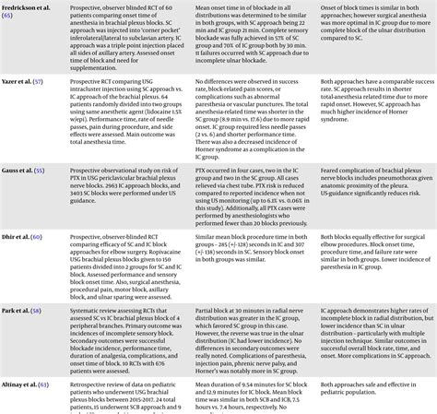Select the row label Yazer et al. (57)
[25, 82]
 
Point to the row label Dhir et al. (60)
[23, 238]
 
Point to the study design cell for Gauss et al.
[137, 184]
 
